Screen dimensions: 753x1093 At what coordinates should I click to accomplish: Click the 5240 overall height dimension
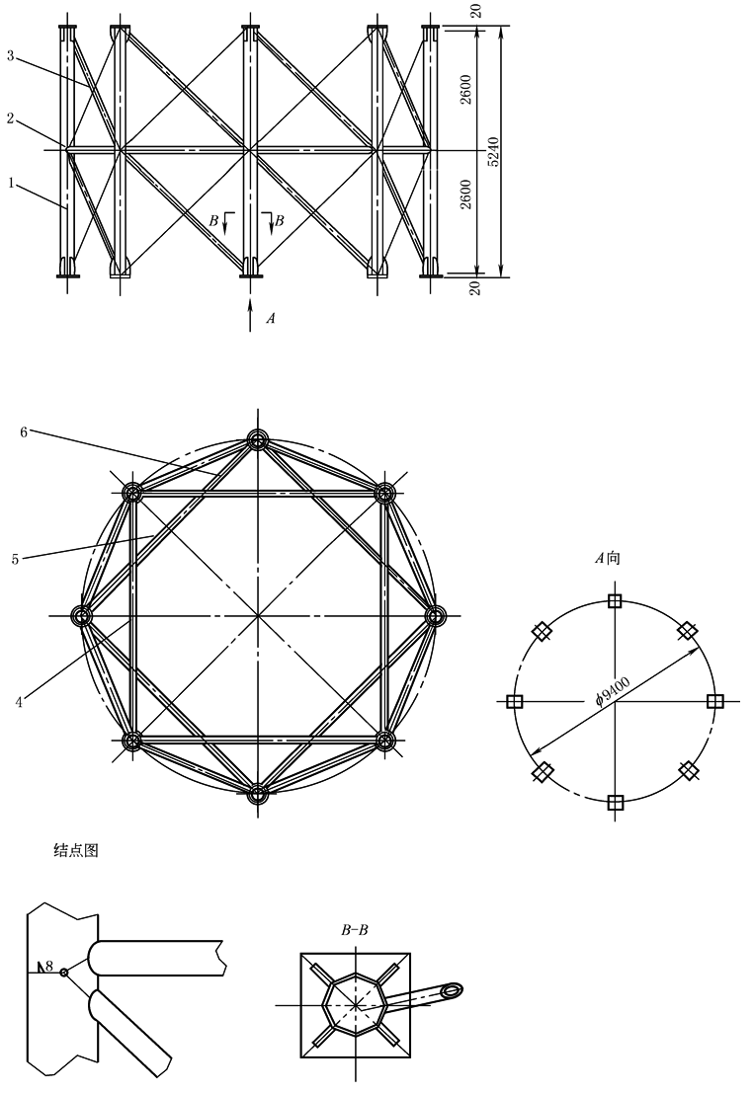(x=493, y=150)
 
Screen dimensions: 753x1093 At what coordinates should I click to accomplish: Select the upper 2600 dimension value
(x=466, y=89)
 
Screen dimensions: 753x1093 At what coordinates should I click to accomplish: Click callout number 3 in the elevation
(x=11, y=55)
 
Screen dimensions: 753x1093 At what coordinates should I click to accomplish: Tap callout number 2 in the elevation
(x=11, y=119)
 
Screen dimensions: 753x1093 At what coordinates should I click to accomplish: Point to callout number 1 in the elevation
(x=11, y=183)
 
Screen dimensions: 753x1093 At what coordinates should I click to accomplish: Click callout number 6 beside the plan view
(x=24, y=432)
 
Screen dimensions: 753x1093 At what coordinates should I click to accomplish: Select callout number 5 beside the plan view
(x=16, y=559)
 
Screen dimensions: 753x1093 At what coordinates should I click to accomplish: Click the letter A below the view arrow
(x=271, y=318)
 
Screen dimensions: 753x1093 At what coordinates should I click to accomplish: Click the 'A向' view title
(x=607, y=558)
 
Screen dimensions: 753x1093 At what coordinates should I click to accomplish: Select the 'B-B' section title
(x=355, y=930)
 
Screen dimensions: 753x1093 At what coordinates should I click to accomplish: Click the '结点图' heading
(x=76, y=850)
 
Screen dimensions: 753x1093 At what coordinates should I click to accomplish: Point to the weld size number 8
(x=49, y=967)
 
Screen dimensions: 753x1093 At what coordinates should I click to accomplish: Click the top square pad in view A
(x=614, y=601)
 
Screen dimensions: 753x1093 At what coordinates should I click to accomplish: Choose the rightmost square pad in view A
(x=713, y=701)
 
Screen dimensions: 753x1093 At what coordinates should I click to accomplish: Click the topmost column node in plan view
(x=258, y=439)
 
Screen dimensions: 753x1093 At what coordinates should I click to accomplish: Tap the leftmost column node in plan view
(x=82, y=616)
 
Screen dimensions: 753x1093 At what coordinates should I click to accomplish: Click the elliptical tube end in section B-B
(x=453, y=989)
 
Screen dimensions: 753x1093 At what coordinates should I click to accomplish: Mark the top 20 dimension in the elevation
(x=475, y=11)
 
